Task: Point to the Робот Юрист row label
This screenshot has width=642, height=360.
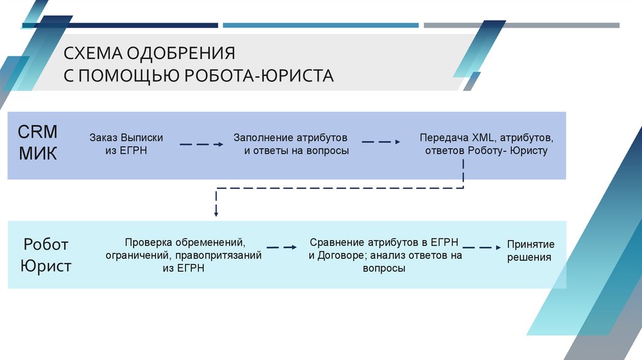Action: (x=45, y=255)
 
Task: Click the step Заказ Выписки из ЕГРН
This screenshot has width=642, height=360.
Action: (x=126, y=144)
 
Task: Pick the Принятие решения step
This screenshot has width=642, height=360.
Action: (x=530, y=250)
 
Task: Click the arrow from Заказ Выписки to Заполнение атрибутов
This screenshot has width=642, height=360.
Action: (x=201, y=144)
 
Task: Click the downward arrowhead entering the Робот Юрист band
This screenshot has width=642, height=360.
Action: (x=216, y=213)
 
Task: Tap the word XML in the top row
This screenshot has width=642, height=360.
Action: (x=482, y=137)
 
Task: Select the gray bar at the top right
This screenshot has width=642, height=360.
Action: (x=521, y=26)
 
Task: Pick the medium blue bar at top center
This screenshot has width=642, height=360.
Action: (x=320, y=26)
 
